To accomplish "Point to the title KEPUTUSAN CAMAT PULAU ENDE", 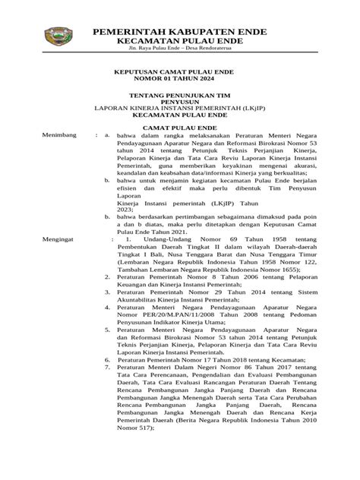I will point(180,71).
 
